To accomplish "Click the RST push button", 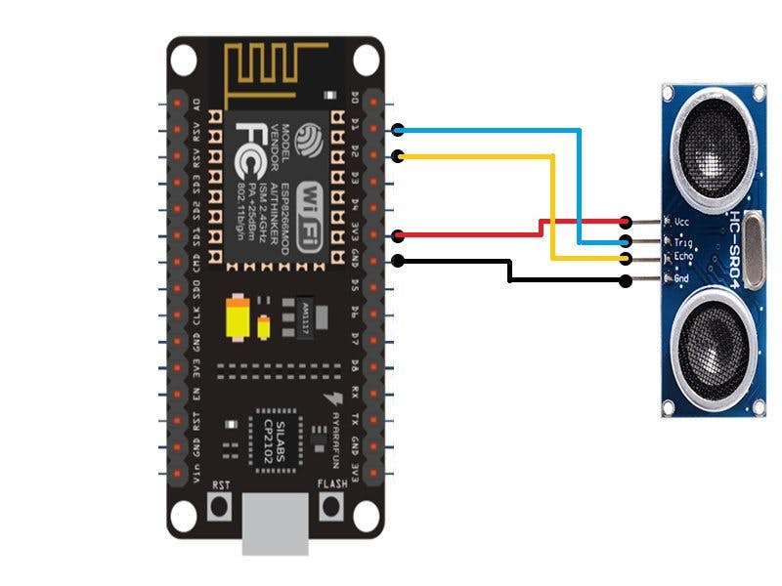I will [x=222, y=506].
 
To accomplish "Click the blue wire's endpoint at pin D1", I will [x=398, y=130].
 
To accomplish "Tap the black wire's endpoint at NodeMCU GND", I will [x=398, y=260].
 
